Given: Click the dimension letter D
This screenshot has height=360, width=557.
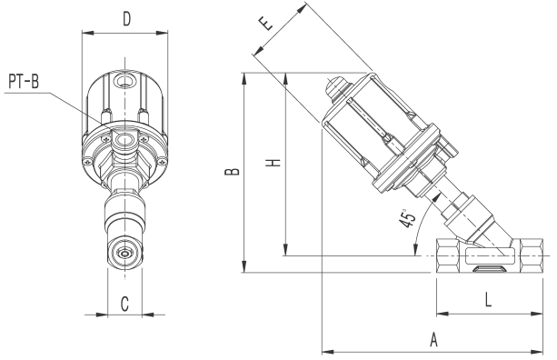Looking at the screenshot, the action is (x=126, y=19).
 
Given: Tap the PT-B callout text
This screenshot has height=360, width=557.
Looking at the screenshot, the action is (x=24, y=82).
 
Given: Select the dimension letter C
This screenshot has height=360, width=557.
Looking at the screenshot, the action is (x=124, y=305).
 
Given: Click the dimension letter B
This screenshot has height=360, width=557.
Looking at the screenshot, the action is (x=232, y=172).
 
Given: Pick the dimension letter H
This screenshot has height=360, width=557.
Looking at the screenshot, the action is (x=274, y=163).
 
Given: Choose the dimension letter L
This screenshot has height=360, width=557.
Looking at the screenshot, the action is (x=488, y=300).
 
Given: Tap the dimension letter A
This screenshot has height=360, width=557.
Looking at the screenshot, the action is (x=433, y=340).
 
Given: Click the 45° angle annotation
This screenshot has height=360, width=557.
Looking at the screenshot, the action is (x=407, y=219).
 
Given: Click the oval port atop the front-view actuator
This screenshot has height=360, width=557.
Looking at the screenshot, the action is (x=124, y=82).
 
